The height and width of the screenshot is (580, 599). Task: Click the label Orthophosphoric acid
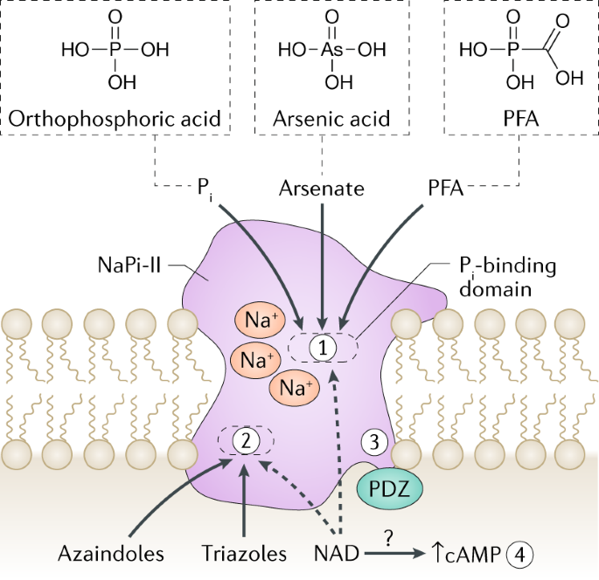click(115, 118)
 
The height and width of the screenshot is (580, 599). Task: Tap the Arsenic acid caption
click(333, 118)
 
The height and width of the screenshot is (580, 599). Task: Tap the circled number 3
click(374, 442)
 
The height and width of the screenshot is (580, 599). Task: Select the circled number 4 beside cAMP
click(521, 553)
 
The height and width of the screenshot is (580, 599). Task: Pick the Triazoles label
click(247, 553)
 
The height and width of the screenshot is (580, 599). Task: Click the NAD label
click(333, 553)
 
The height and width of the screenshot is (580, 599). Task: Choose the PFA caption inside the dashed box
click(508, 118)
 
